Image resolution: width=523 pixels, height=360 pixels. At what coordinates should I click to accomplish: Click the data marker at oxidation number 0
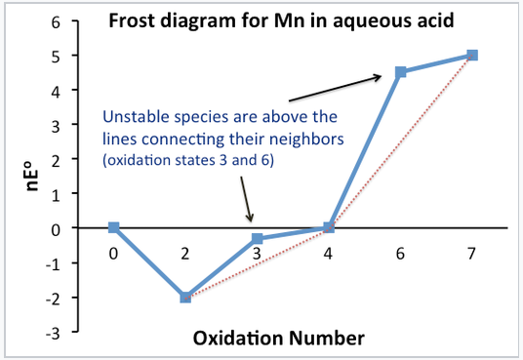tap(114, 227)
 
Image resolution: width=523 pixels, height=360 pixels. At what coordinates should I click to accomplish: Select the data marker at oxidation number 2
tap(185, 297)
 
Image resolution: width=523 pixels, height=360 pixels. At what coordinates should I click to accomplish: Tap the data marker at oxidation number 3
tap(257, 238)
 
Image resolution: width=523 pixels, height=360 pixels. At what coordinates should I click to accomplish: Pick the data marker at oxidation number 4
tap(329, 227)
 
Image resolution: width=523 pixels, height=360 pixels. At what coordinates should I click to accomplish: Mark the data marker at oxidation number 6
tap(400, 71)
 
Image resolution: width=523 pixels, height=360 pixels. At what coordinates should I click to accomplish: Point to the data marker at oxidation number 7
tap(472, 55)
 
